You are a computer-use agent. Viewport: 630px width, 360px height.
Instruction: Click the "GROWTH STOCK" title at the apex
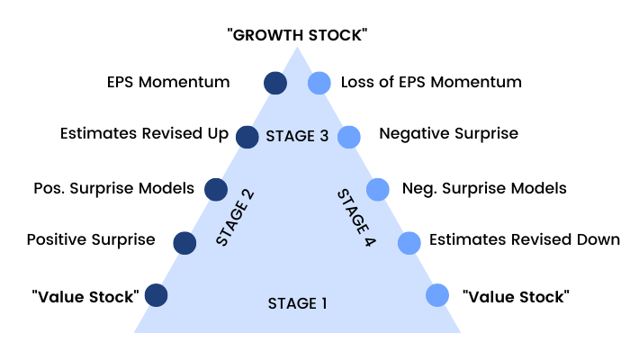coord(298,35)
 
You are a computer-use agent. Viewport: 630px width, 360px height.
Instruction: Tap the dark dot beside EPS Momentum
coord(275,83)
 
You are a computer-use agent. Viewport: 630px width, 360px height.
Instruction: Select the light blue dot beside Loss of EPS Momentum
coord(319,83)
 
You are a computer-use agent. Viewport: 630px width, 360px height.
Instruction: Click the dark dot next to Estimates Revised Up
coord(247,137)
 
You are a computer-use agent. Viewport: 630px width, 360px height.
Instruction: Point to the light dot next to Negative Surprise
coord(348,137)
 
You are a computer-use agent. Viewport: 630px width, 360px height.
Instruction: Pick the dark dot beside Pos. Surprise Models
coord(216,189)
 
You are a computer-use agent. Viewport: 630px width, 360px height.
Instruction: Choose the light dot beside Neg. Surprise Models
coord(378,189)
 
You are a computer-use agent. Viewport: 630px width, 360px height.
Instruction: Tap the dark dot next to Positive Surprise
coord(185,242)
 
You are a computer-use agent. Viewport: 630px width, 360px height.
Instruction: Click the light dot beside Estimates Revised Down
coord(409,242)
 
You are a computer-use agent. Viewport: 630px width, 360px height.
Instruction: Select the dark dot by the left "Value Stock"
coord(156,295)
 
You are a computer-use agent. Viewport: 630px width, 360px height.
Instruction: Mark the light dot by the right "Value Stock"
coord(437,295)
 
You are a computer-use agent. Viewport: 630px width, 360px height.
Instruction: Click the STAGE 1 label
coord(297,303)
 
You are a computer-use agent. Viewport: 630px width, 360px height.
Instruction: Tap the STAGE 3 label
coord(297,137)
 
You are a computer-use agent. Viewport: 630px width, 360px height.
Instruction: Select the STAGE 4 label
coord(356,219)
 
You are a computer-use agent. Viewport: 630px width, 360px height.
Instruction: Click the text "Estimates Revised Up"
coord(144,134)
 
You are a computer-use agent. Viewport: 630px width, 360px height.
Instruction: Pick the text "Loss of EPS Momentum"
coord(431,82)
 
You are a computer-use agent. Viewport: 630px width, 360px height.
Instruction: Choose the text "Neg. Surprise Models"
coord(484,188)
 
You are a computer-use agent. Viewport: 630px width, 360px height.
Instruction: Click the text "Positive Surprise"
coord(91,240)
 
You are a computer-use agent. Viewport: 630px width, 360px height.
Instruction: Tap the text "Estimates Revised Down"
coord(525,240)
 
